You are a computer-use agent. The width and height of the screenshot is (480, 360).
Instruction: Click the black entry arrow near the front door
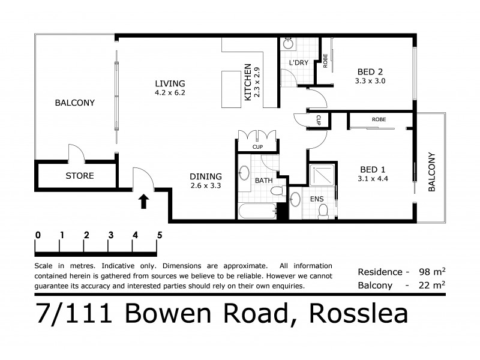143,200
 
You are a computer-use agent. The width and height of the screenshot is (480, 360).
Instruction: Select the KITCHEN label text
248,83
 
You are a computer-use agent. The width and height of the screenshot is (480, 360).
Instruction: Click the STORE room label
79,176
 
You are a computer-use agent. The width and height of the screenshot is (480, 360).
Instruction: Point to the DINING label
206,176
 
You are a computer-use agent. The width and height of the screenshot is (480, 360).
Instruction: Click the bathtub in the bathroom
256,211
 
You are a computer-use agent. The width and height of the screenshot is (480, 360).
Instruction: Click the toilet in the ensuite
323,211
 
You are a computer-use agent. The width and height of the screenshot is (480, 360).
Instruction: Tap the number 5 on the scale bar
159,235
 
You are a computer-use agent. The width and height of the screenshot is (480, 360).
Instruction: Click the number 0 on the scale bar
38,235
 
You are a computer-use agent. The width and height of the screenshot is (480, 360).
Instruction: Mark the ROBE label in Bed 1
379,119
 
